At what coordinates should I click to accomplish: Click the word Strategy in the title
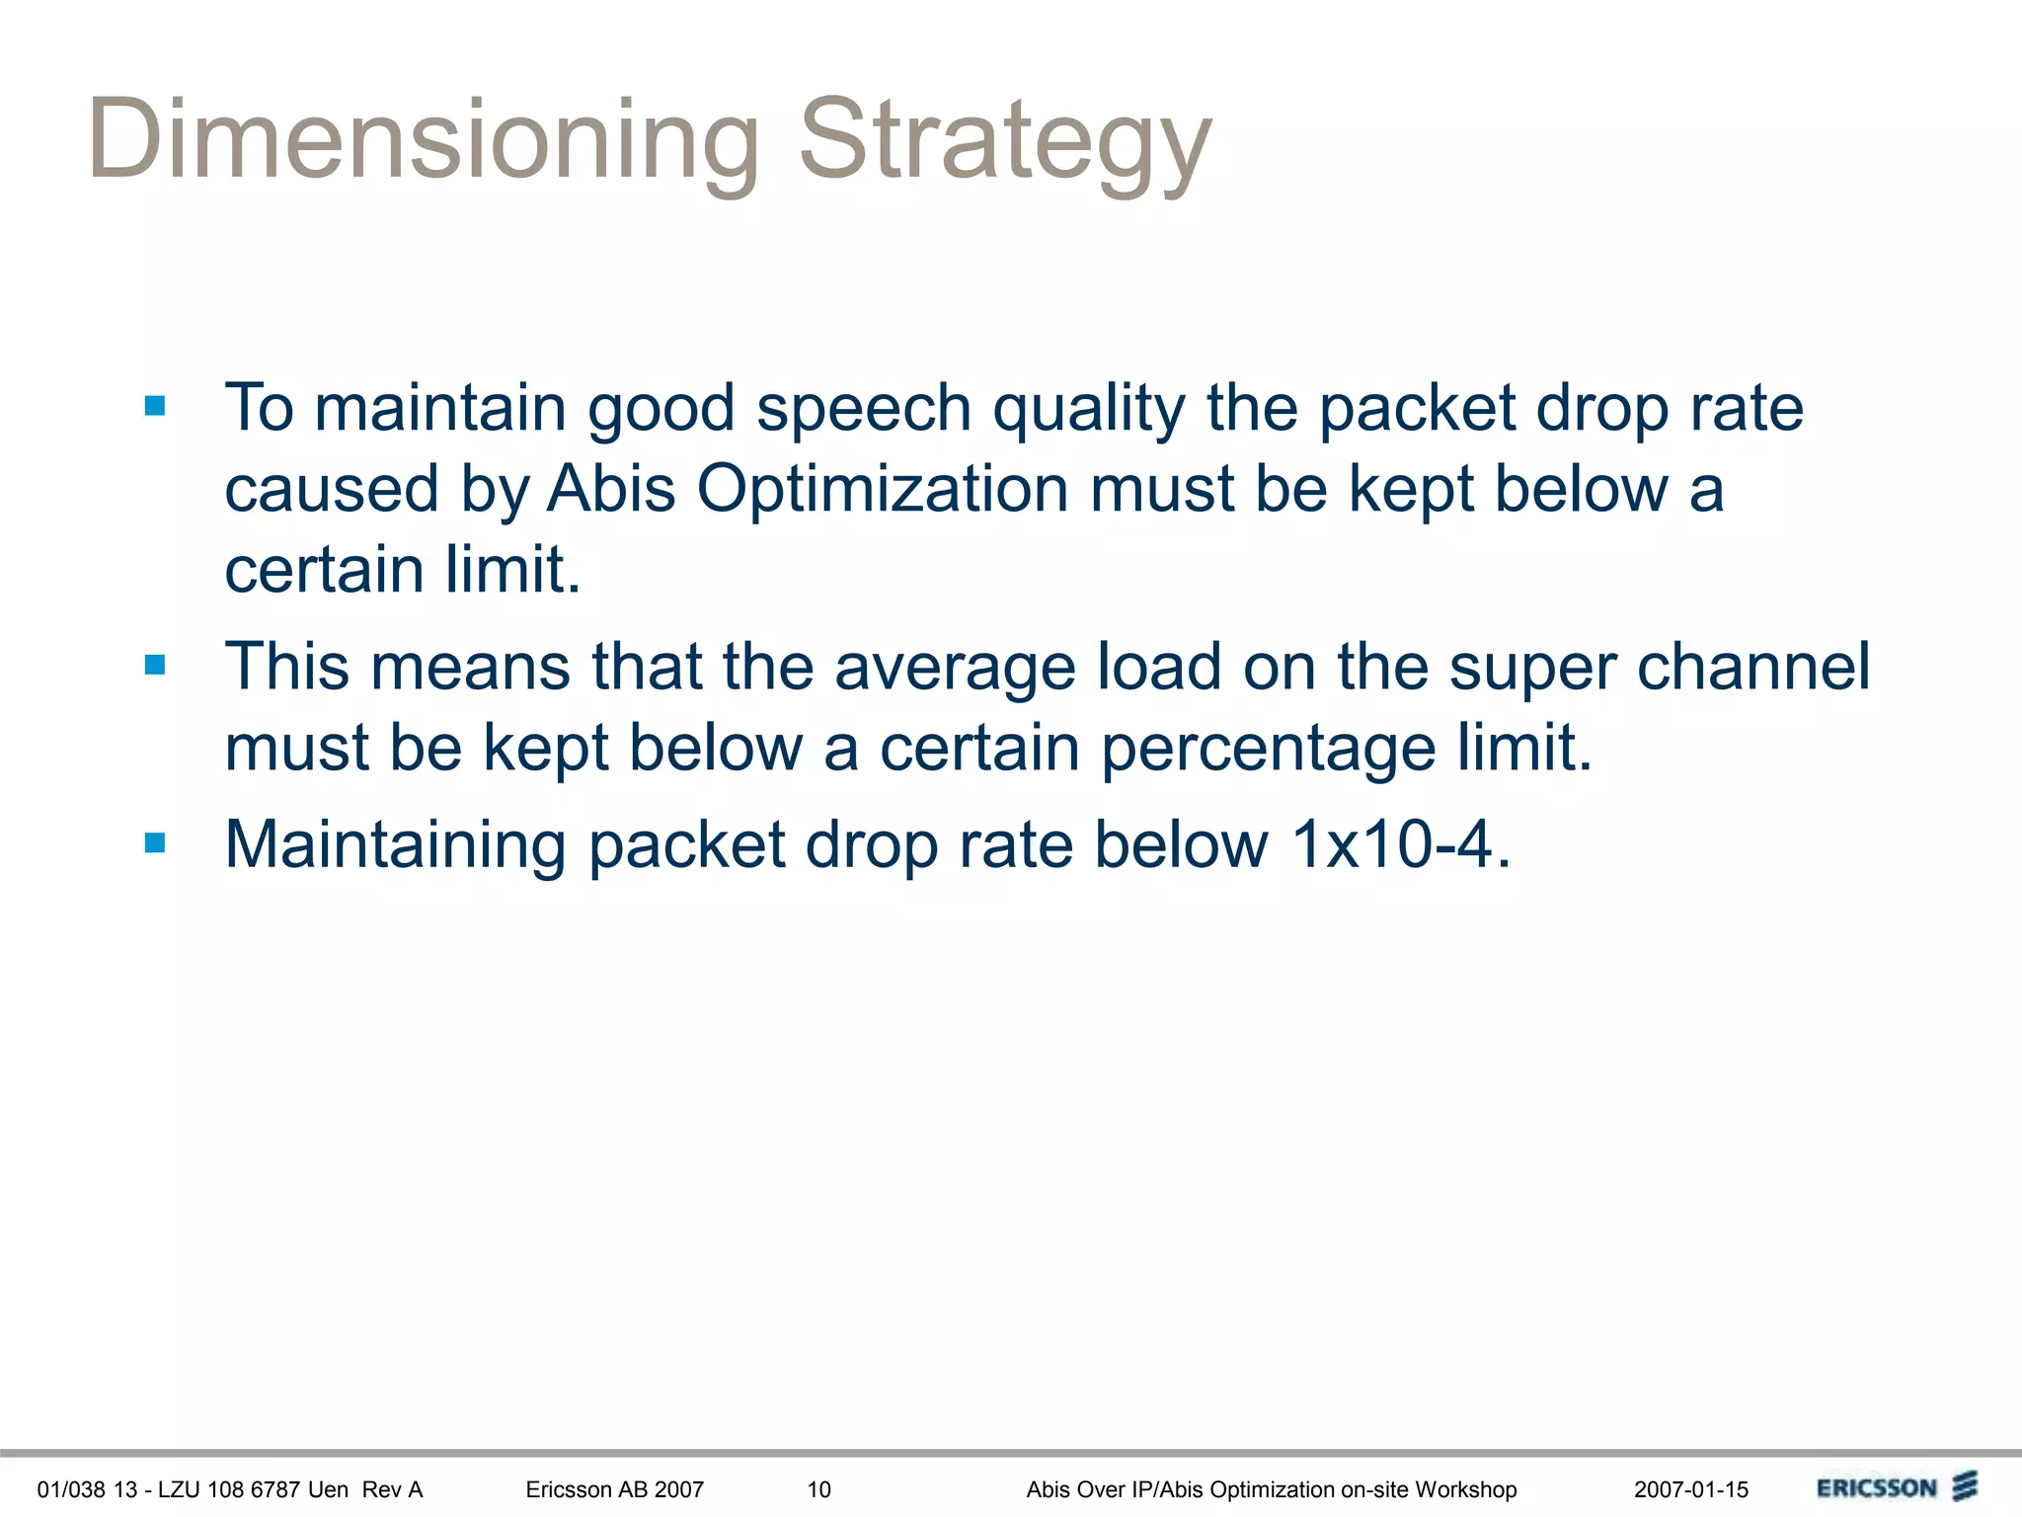click(1005, 140)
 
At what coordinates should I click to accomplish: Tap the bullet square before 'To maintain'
click(155, 406)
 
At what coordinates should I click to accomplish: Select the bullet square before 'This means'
click(155, 665)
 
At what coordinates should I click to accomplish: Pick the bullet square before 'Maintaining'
click(155, 842)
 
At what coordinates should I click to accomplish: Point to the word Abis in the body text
click(611, 489)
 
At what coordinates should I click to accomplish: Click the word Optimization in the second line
click(883, 489)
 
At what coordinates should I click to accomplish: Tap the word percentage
click(1268, 748)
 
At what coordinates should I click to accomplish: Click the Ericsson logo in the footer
click(1896, 1487)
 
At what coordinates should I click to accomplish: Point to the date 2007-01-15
click(1690, 1489)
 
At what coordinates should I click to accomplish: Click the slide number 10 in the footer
click(818, 1489)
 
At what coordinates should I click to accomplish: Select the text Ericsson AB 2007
click(614, 1489)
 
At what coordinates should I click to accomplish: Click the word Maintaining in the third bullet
click(395, 844)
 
